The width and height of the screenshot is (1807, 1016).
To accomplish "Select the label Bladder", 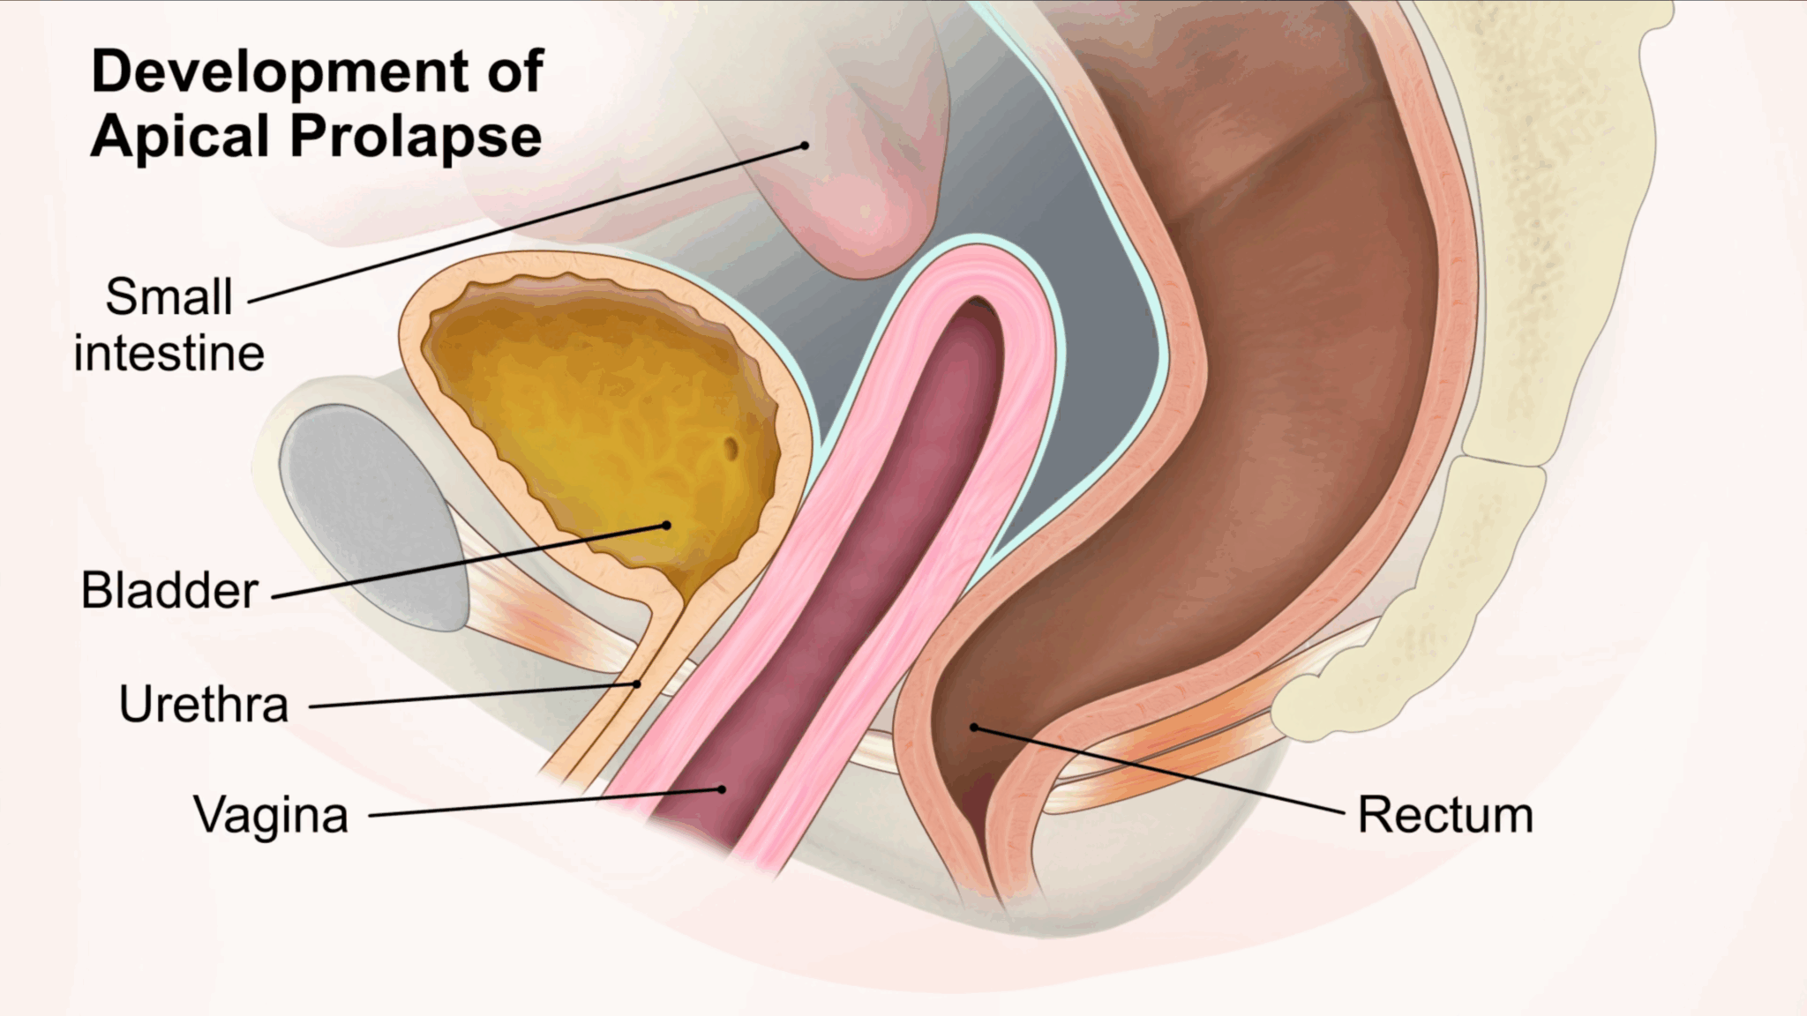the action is [x=169, y=590].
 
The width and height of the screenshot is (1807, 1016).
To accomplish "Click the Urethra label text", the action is [x=204, y=705].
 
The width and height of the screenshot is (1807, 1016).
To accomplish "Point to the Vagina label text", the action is [x=271, y=815].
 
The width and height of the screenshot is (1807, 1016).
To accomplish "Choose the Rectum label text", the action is [x=1445, y=815].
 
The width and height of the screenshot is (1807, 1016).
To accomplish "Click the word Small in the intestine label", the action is [x=169, y=296].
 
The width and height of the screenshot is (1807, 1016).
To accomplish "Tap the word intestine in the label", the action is [x=169, y=354].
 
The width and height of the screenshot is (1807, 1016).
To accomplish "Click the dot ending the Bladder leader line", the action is [x=666, y=526].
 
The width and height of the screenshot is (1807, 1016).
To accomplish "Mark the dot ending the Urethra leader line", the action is [x=637, y=684].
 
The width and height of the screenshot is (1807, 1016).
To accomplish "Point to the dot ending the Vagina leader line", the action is [x=722, y=789].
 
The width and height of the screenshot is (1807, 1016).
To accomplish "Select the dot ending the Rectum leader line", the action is [x=974, y=728].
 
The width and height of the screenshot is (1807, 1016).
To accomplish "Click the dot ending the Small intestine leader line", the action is [x=805, y=146].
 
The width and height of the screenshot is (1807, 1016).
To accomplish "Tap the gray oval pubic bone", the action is [x=372, y=516].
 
